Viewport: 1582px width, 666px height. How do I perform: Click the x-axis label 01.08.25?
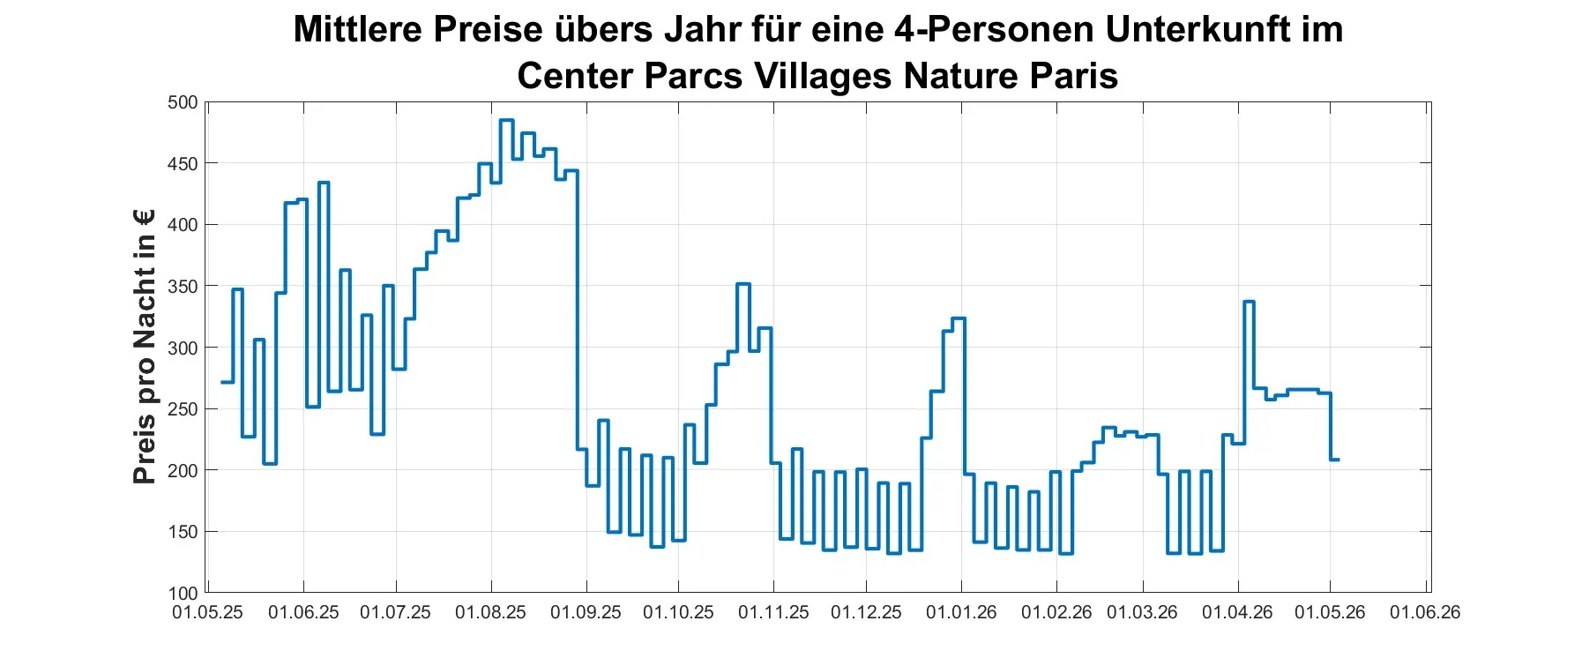pos(490,612)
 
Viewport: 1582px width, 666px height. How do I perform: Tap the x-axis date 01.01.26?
pos(961,612)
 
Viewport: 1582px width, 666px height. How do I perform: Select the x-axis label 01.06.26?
pos(1425,612)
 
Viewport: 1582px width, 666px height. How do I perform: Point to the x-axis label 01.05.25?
pos(207,612)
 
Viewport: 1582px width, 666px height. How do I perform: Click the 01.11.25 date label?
pos(773,612)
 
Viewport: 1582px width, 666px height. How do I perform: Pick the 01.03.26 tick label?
pos(1142,612)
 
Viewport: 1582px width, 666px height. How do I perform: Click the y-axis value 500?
pos(183,102)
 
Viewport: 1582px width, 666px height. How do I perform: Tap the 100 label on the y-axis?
pos(183,594)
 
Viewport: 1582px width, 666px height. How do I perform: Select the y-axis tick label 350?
pos(183,287)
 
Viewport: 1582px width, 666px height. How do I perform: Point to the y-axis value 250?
pos(183,409)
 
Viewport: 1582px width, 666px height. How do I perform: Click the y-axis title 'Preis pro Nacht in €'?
pos(144,347)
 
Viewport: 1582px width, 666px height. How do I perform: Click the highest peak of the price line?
pos(506,120)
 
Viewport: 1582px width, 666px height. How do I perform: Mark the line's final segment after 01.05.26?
pos(1334,460)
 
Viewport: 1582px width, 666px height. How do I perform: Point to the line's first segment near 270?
pos(228,382)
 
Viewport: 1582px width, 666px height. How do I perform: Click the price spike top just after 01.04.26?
pos(1249,302)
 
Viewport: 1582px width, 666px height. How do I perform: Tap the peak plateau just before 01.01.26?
pos(959,318)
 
